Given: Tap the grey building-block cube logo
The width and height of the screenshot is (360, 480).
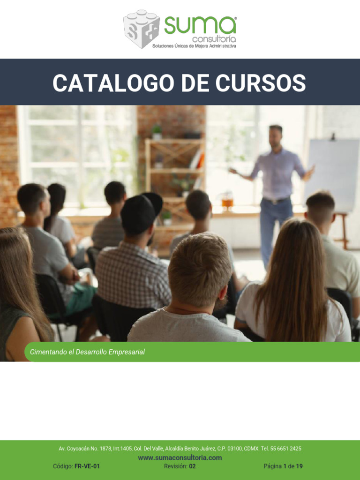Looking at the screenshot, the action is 142,29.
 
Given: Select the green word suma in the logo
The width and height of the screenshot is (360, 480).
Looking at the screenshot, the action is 200,25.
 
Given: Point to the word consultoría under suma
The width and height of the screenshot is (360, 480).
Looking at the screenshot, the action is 214,39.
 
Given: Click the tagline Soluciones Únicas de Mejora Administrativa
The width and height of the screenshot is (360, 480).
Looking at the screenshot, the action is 195,46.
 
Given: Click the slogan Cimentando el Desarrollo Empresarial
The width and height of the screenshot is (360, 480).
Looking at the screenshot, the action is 87,352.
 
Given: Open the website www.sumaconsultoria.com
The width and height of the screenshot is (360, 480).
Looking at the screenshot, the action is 180,457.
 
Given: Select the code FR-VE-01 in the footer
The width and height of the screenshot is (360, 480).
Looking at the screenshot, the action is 87,466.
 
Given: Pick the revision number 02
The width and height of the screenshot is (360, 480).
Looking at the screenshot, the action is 192,466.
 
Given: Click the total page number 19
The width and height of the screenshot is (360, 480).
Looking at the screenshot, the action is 300,466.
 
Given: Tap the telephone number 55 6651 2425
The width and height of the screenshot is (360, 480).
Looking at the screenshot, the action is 285,449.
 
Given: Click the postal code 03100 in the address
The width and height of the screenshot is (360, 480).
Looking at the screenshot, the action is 235,449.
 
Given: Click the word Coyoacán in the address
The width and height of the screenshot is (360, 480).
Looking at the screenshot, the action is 78,449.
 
